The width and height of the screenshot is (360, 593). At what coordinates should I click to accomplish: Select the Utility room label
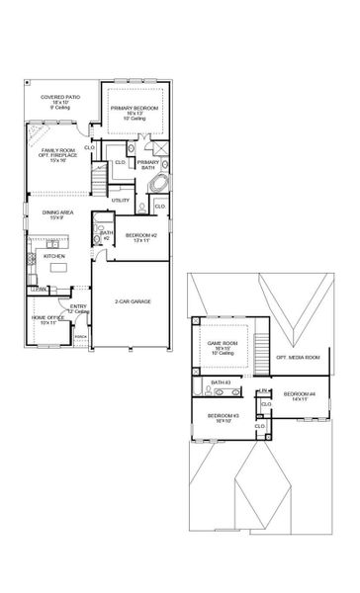[121, 200]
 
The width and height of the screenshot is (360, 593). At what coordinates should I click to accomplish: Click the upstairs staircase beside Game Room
[262, 353]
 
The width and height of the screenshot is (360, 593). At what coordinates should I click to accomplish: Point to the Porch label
[81, 336]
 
